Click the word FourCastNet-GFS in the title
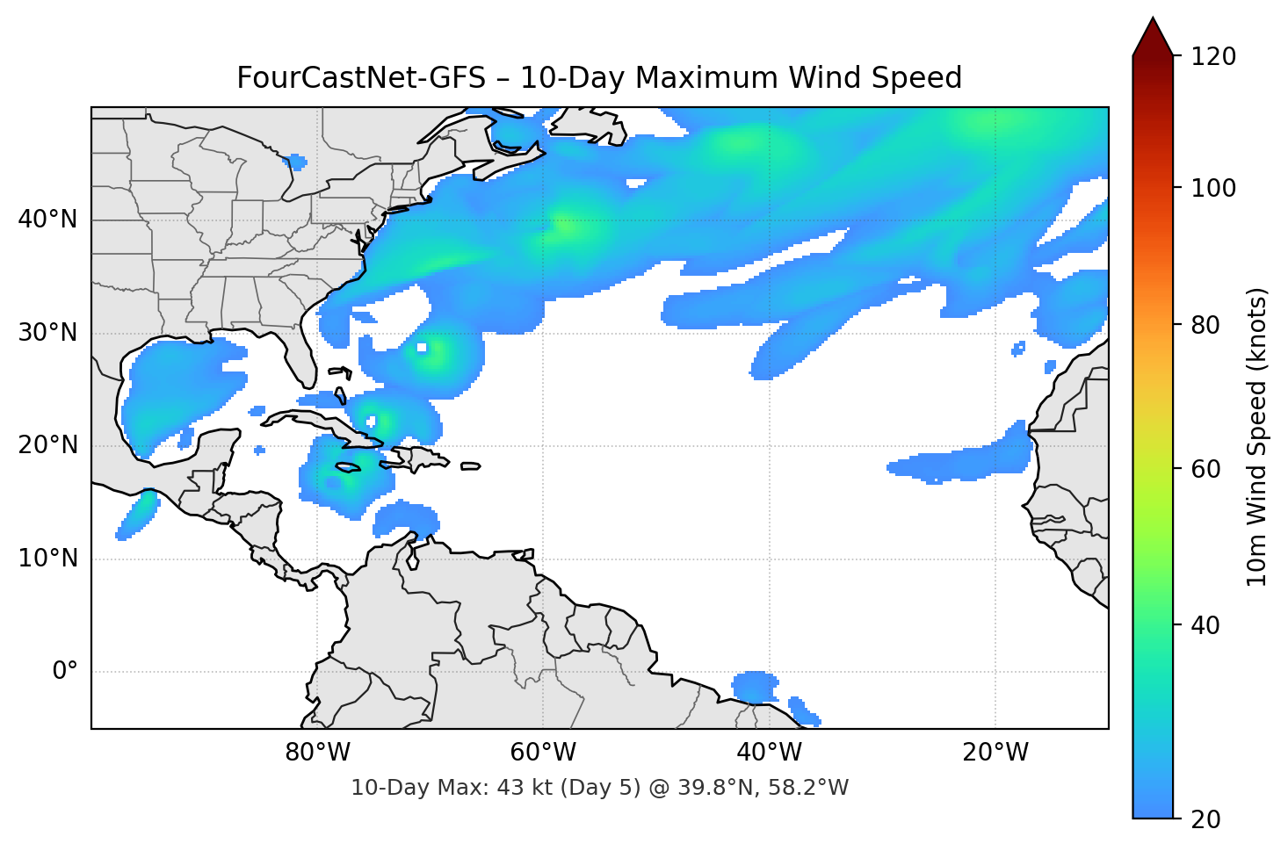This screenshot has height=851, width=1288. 361,78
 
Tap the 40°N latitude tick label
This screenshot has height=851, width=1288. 47,219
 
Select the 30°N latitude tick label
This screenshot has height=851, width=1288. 47,333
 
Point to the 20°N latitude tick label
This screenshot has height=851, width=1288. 47,445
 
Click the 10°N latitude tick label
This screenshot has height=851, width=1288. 47,559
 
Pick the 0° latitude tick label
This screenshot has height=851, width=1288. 65,672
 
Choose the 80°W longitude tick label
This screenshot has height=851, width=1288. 317,753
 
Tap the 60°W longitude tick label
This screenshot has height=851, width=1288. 543,753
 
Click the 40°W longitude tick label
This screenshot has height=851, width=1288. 769,753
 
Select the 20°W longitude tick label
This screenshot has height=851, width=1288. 995,753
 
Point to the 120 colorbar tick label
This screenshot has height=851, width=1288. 1212,56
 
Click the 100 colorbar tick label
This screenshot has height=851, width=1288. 1212,188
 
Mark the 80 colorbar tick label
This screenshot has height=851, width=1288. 1206,325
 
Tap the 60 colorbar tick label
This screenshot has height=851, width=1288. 1206,469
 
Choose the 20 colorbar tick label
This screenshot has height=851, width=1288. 1206,819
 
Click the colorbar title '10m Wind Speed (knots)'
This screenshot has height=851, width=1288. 1257,436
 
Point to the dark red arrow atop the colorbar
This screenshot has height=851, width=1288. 1153,37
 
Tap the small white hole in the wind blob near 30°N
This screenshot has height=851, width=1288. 422,348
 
